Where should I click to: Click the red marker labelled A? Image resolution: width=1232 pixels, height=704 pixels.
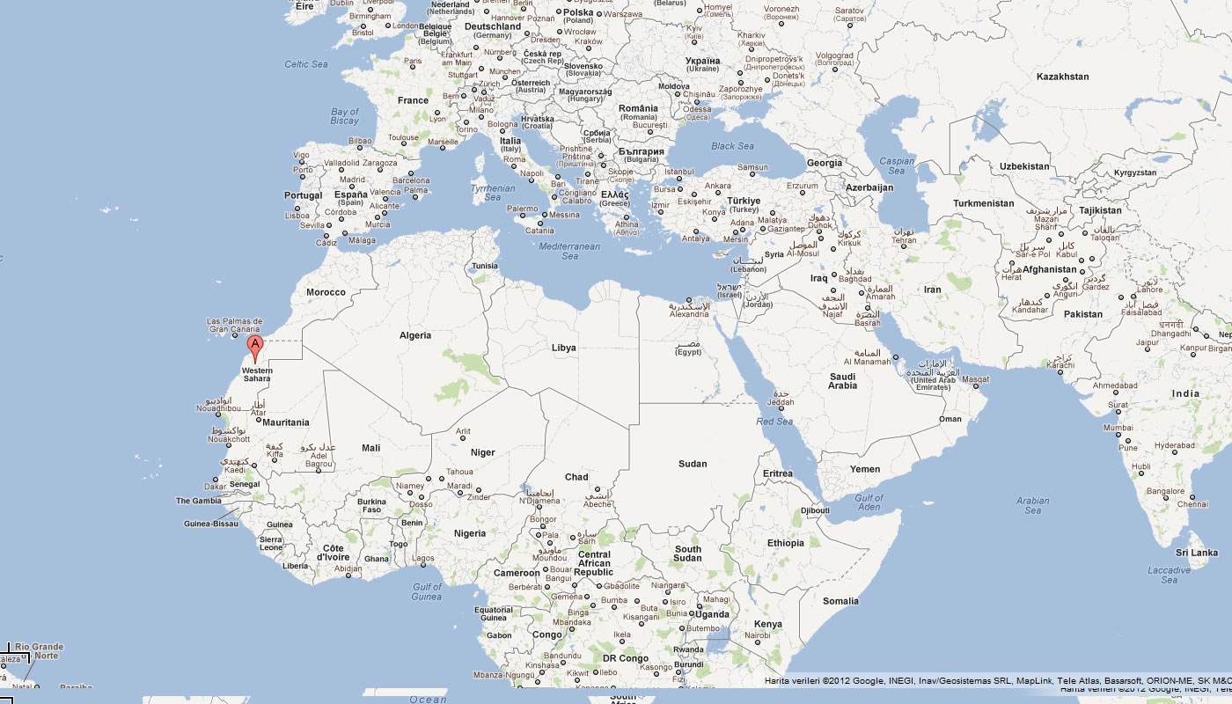click(255, 346)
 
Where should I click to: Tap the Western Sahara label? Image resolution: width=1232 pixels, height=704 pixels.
click(257, 374)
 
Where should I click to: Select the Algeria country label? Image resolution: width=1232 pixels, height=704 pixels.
click(415, 335)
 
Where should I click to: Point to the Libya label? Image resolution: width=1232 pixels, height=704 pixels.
click(563, 348)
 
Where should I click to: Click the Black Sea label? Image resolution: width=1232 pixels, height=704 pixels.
click(732, 146)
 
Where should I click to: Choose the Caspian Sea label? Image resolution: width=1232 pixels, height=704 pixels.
click(898, 165)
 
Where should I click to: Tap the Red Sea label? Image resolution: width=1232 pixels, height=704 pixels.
click(774, 422)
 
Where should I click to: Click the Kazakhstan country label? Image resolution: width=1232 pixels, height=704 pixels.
click(1062, 77)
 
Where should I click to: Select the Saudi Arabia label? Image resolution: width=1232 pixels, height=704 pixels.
click(842, 380)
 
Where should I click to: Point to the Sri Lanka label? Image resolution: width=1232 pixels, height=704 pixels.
click(1198, 553)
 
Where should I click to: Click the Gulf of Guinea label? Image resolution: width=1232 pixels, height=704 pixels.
click(427, 591)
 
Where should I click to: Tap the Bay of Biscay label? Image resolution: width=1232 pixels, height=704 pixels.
click(344, 116)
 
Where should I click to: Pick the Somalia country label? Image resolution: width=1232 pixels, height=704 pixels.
click(840, 601)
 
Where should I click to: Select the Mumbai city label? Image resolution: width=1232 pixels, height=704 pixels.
click(1118, 428)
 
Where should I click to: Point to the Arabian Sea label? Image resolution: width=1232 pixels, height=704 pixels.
click(1032, 505)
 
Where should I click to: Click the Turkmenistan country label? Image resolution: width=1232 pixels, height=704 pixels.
click(983, 203)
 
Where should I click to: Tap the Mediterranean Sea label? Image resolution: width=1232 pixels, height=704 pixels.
click(569, 251)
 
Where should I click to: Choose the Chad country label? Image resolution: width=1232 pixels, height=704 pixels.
click(576, 477)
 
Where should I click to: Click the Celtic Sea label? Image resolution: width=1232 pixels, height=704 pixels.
click(305, 64)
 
